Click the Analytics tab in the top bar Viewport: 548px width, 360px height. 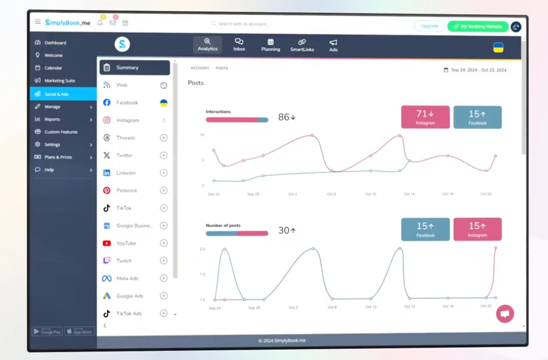(207, 45)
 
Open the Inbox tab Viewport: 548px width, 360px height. (239, 45)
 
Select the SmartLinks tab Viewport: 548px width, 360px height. (302, 45)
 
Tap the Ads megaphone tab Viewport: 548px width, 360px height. (333, 45)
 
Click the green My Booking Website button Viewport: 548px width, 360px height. (478, 26)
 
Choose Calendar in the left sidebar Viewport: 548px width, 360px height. (53, 68)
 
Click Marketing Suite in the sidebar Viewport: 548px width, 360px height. (59, 81)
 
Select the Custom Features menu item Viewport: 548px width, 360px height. (61, 132)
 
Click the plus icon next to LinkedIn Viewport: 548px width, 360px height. (163, 173)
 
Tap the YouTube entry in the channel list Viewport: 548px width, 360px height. (126, 243)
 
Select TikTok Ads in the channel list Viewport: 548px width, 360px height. (128, 314)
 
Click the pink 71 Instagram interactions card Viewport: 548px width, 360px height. (425, 117)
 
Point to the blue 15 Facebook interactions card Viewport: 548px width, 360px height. (478, 117)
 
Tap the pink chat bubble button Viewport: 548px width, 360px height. (505, 314)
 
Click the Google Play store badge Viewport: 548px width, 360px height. (47, 331)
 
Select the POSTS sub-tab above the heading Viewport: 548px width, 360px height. (221, 68)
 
